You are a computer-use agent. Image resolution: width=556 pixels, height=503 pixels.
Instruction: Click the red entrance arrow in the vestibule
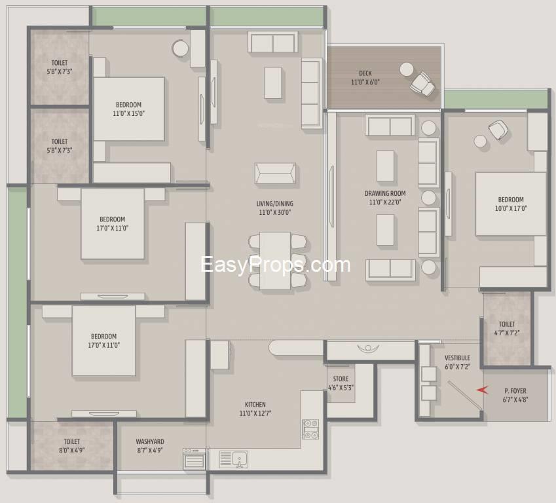click(x=482, y=390)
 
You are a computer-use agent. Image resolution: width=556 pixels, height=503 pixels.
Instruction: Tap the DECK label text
click(x=365, y=73)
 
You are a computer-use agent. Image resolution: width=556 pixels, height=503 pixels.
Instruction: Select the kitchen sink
click(x=233, y=459)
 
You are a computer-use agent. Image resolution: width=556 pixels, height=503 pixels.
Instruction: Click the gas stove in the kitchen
click(x=310, y=429)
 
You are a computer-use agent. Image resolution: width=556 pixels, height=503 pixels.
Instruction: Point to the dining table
click(x=275, y=261)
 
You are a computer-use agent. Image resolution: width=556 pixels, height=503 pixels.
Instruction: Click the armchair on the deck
click(x=422, y=84)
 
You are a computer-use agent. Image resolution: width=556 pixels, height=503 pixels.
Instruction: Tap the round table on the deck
click(x=407, y=69)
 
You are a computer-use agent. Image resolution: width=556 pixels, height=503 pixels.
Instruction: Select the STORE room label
click(x=341, y=379)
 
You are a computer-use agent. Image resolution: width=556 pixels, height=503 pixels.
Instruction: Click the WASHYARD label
click(x=150, y=441)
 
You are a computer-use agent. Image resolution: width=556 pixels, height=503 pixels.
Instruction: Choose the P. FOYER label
click(x=515, y=391)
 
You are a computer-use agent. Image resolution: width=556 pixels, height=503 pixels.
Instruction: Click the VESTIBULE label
click(x=457, y=358)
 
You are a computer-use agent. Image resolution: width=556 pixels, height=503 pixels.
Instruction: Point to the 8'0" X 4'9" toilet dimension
click(x=71, y=451)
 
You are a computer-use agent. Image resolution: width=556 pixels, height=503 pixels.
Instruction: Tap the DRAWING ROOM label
click(x=385, y=193)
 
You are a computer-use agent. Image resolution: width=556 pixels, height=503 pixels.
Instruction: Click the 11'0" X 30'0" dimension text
click(x=275, y=212)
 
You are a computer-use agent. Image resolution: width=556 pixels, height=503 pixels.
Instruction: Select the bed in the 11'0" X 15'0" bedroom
click(x=129, y=109)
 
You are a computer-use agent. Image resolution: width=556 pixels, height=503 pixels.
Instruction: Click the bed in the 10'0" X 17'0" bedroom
click(x=511, y=204)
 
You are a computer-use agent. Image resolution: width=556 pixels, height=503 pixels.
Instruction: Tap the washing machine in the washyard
click(x=194, y=459)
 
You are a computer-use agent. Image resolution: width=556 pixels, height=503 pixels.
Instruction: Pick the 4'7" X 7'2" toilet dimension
click(x=507, y=333)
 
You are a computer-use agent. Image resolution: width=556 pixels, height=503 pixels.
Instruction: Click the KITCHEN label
click(x=255, y=404)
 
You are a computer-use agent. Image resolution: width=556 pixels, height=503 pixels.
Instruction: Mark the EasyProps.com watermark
click(x=276, y=265)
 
